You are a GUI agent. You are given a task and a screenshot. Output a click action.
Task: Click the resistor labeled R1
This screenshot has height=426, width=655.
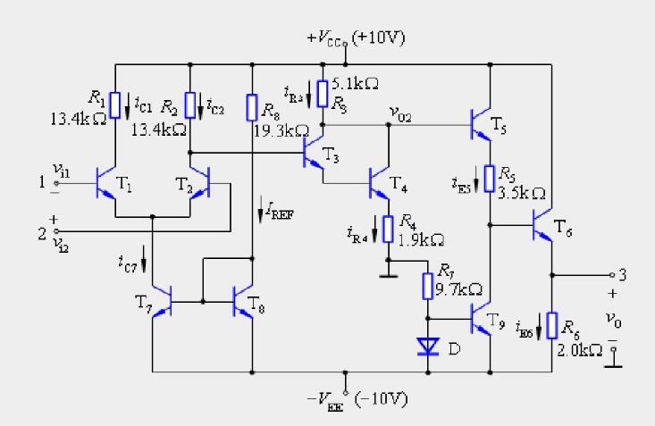(115, 104)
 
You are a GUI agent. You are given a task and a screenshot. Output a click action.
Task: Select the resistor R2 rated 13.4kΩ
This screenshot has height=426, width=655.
(190, 104)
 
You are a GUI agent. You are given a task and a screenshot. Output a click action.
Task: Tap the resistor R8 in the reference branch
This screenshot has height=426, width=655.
(253, 109)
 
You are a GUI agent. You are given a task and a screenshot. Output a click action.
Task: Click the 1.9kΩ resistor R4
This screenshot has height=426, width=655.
(388, 229)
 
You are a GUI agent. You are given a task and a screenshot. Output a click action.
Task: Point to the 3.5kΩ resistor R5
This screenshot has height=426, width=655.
(490, 178)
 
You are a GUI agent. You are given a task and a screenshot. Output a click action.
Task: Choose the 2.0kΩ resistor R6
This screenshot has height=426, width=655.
(551, 325)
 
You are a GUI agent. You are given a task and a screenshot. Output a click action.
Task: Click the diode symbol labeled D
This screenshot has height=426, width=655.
(428, 345)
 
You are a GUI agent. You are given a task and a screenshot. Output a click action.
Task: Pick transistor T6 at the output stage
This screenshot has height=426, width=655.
(543, 226)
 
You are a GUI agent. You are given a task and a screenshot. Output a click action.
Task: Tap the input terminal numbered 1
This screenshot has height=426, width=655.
(40, 183)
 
